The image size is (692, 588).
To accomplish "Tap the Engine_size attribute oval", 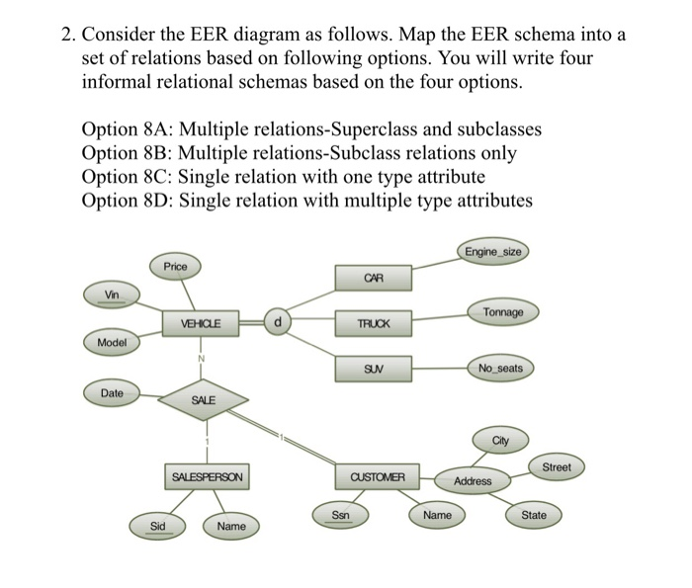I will pos(491,252).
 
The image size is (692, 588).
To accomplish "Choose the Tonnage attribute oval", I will pos(503,312).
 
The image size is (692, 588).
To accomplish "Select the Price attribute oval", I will pos(176,266).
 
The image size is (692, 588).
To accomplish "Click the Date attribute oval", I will pos(113,393).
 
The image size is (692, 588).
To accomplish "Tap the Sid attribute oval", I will pos(157,526).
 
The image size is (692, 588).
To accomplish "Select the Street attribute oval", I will pos(557,466).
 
